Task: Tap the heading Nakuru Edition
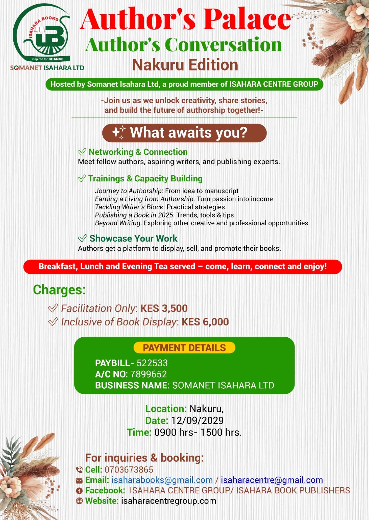click(185, 65)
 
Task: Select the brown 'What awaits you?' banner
click(184, 133)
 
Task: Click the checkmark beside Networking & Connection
click(82, 152)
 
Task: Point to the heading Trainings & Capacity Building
click(145, 178)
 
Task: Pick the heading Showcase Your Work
click(133, 238)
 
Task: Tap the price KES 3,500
click(164, 308)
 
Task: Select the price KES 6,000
click(205, 322)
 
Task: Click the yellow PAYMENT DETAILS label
click(184, 348)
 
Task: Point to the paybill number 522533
click(152, 363)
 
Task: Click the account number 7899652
click(149, 374)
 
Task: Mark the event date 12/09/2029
click(197, 420)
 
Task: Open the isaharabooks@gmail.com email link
click(162, 480)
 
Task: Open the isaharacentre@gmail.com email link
click(272, 480)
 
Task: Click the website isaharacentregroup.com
click(169, 501)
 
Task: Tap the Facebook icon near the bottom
click(79, 491)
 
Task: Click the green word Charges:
click(59, 290)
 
